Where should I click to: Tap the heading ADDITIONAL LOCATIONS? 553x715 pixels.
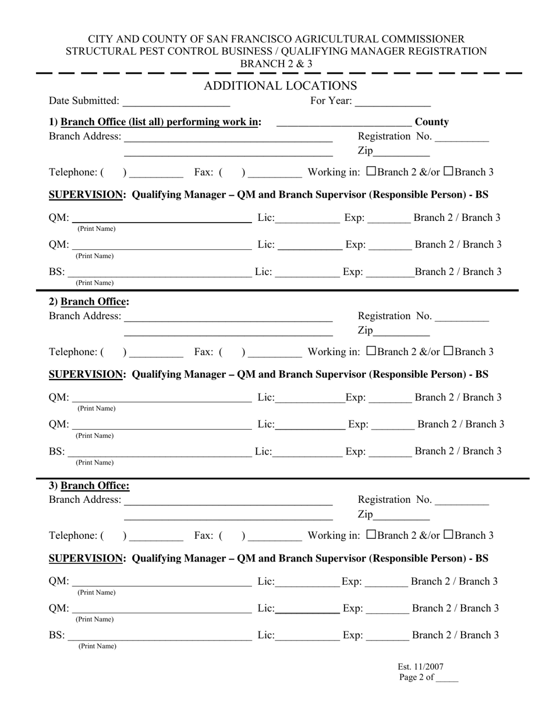[x=280, y=86]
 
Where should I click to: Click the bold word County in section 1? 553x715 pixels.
[x=431, y=122]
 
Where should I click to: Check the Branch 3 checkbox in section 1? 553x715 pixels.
[x=448, y=171]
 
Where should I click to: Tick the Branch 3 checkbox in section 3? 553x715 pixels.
[x=448, y=534]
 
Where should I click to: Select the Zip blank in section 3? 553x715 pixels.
[x=401, y=516]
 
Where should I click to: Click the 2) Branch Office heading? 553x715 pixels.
[x=89, y=302]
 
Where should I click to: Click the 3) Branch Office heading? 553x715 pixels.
[x=89, y=485]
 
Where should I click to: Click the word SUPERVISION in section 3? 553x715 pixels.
[x=87, y=558]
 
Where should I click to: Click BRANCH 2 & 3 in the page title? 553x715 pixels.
[x=276, y=64]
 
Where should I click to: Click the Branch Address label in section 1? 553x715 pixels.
[x=86, y=137]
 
